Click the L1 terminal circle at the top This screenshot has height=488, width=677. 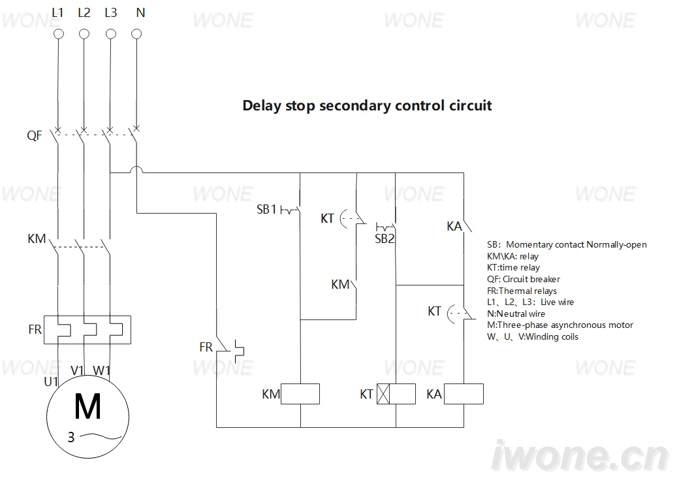tap(58, 34)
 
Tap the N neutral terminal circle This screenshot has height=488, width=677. tap(136, 34)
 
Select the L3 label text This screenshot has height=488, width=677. tap(110, 13)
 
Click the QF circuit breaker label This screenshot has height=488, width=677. tap(34, 136)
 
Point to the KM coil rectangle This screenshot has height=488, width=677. tap(300, 394)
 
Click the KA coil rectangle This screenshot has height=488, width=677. tap(464, 394)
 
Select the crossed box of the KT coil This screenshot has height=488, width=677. tap(383, 394)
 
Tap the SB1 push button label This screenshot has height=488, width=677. tap(266, 210)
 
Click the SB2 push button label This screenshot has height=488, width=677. tap(385, 239)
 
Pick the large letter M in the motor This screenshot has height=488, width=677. tap(87, 406)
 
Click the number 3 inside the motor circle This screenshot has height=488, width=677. tap(71, 438)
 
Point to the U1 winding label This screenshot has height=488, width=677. tap(51, 382)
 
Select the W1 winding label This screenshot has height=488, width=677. tap(102, 370)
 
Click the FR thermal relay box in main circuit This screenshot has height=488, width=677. tap(87, 330)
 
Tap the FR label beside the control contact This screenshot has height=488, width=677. tap(206, 347)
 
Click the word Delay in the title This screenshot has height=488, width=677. tap(262, 106)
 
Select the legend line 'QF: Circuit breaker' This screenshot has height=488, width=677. tap(524, 279)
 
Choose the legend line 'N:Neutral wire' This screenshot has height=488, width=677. tap(516, 314)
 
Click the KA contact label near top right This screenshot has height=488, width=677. tap(454, 226)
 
